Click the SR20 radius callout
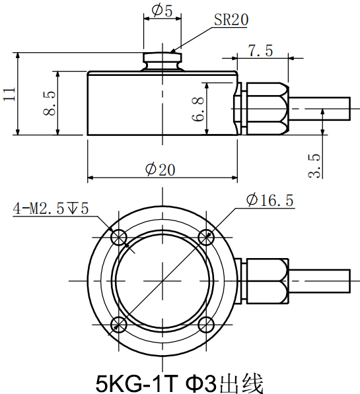(x=231, y=20)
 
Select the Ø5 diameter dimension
(x=161, y=11)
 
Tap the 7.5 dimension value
(x=260, y=50)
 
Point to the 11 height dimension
(x=9, y=94)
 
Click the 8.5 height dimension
(x=48, y=104)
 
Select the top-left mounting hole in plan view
(x=119, y=236)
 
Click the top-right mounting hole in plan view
(x=205, y=236)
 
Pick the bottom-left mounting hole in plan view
(x=119, y=323)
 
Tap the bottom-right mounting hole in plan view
(x=205, y=323)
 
